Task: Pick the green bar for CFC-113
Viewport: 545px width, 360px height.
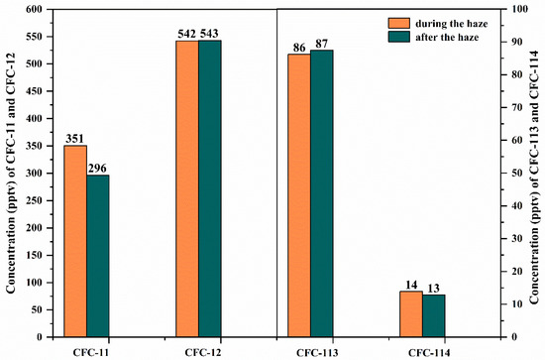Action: tap(321, 193)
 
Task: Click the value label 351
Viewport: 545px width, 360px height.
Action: tap(75, 139)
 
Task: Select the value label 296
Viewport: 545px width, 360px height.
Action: tap(98, 169)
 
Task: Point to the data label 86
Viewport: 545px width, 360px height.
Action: tap(298, 47)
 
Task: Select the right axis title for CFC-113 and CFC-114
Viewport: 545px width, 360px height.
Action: tap(537, 174)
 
